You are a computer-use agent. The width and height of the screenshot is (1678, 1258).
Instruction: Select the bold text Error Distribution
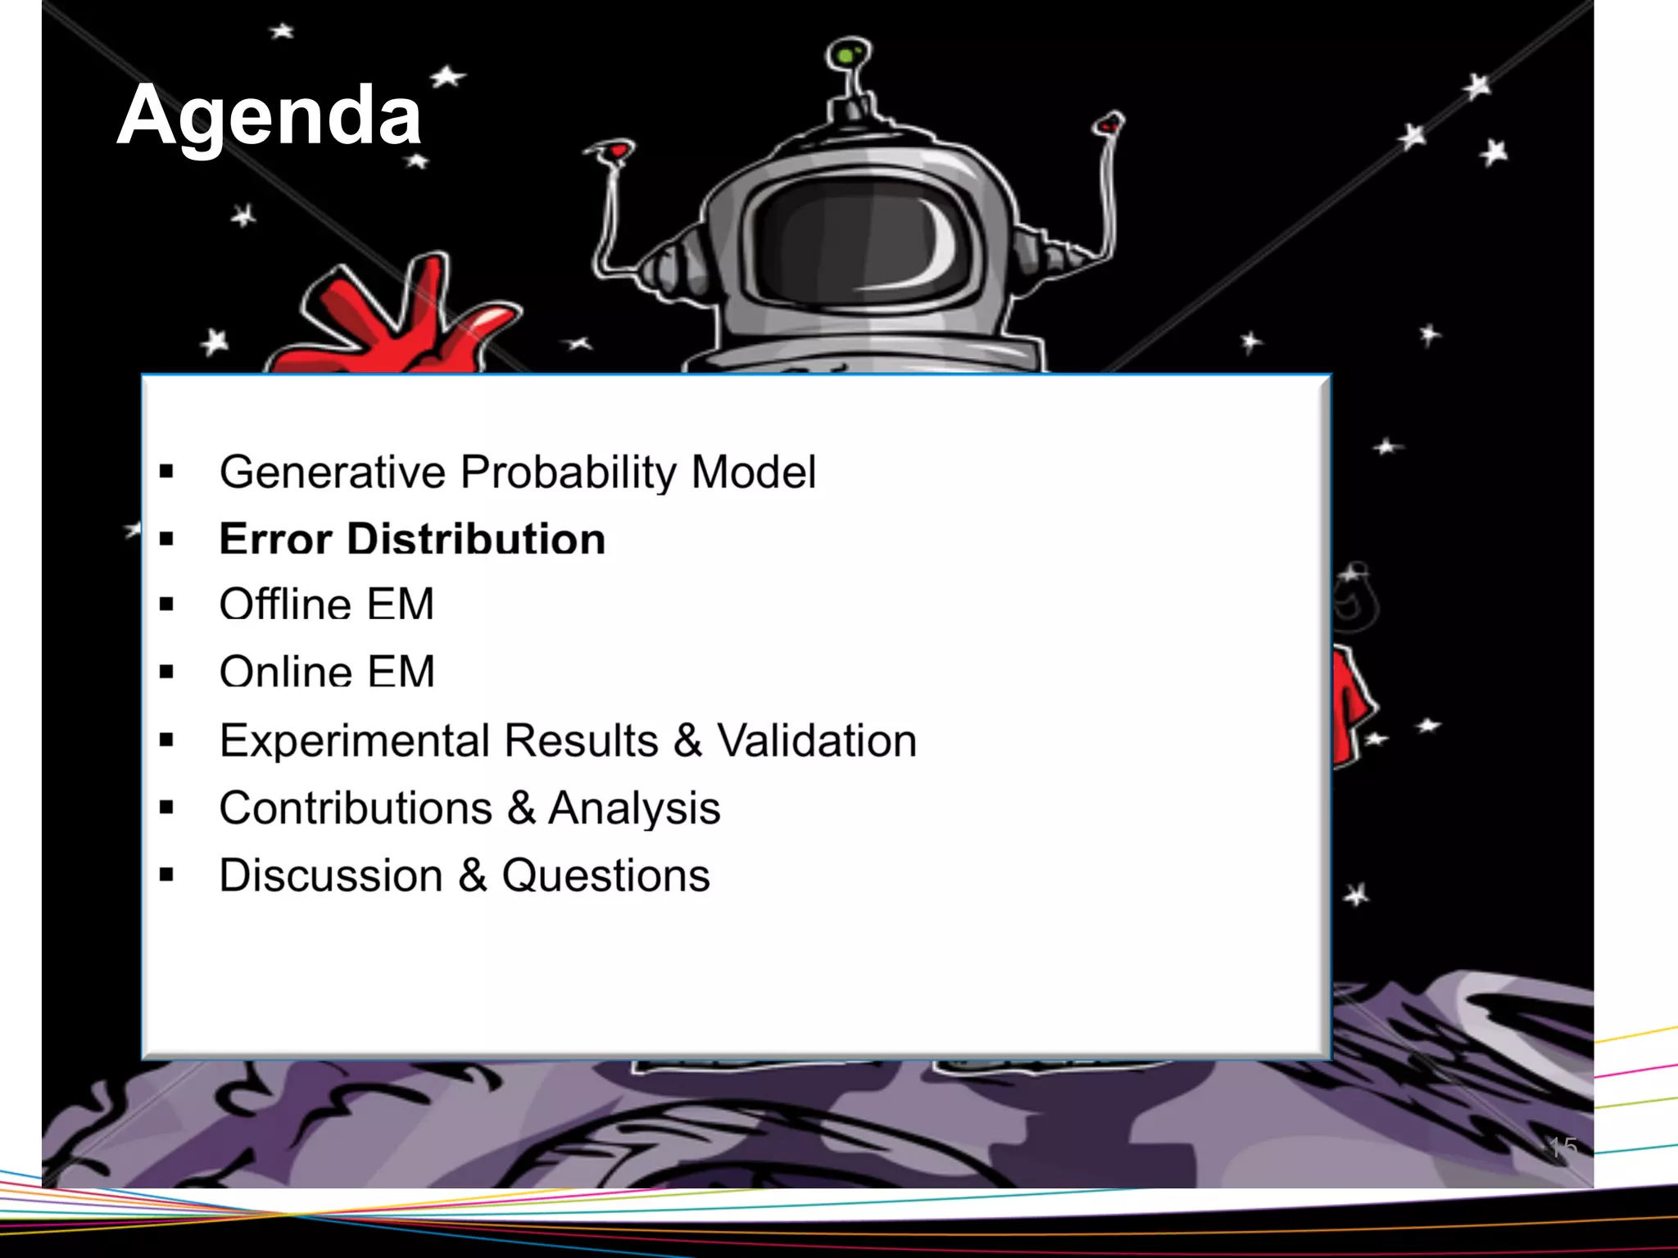click(x=412, y=539)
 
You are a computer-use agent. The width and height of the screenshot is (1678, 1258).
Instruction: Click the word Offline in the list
click(x=284, y=604)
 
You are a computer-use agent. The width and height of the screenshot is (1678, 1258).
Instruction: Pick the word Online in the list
click(x=285, y=672)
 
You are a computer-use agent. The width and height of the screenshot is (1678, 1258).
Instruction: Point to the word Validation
click(x=817, y=740)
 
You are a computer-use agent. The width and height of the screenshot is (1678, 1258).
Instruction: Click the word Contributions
click(x=355, y=808)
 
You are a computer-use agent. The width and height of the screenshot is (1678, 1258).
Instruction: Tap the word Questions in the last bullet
click(x=605, y=876)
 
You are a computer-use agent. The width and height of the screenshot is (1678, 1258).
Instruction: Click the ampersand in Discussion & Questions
click(x=473, y=875)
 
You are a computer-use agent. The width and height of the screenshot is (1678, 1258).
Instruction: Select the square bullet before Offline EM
click(x=167, y=605)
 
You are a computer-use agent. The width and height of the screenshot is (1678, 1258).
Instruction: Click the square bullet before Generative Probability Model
click(x=167, y=472)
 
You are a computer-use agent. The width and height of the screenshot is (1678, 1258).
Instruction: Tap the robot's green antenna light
click(x=845, y=55)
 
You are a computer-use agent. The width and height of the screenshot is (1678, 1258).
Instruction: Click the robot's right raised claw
click(x=1109, y=124)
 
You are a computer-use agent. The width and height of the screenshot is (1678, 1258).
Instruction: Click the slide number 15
click(x=1562, y=1147)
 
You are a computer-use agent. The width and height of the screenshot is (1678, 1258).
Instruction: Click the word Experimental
click(x=355, y=740)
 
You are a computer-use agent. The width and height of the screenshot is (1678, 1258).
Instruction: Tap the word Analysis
click(x=634, y=808)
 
